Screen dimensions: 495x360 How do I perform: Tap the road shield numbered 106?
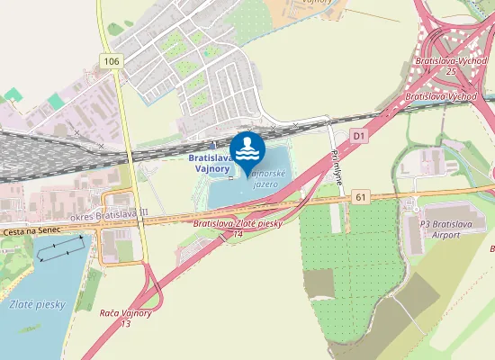click(x=111, y=61)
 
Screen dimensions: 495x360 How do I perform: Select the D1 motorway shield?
click(x=359, y=136)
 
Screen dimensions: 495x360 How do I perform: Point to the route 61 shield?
click(x=361, y=196)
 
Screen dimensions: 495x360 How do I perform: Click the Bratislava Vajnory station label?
click(x=211, y=163)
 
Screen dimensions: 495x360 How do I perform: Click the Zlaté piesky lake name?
click(x=37, y=304)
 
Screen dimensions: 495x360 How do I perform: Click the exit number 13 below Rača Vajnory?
click(x=126, y=323)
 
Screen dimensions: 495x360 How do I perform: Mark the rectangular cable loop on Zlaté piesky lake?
click(x=64, y=246)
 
